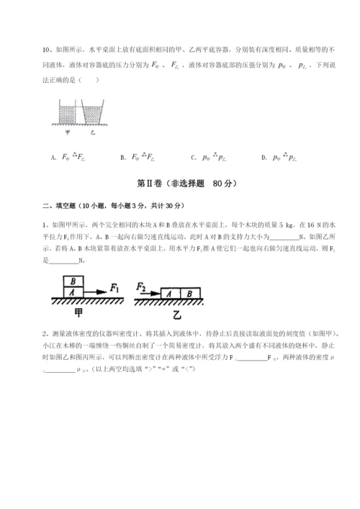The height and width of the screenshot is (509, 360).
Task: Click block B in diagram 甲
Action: pos(71,281)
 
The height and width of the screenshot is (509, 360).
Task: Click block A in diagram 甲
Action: pos(71,292)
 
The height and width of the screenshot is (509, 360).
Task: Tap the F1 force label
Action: pos(114,287)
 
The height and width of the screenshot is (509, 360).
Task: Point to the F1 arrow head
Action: pos(105,293)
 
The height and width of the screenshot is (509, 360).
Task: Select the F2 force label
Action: pos(141,287)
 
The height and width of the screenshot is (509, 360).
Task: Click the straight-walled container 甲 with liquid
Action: pos(66,113)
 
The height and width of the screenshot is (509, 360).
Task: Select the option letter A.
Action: pos(55,156)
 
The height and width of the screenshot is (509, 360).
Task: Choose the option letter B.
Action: pos(125,156)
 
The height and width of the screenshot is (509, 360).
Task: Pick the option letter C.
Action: pos(194,156)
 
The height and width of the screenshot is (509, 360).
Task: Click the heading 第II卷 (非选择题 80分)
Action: pos(179,183)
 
